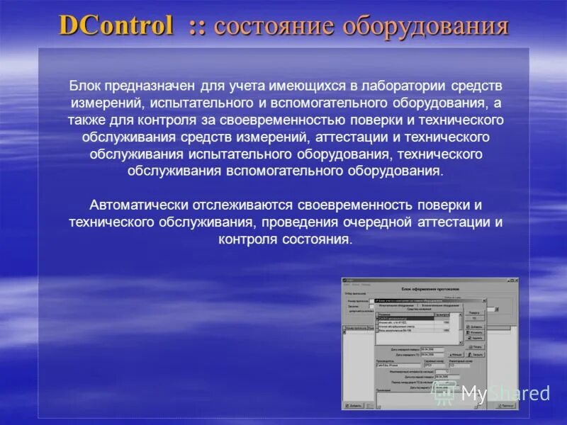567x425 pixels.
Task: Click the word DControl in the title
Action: click(x=116, y=26)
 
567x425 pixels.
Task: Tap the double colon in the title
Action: click(x=196, y=27)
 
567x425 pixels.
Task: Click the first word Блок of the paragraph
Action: click(x=85, y=86)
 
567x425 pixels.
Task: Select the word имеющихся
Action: click(x=307, y=86)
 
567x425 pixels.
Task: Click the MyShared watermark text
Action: click(x=505, y=394)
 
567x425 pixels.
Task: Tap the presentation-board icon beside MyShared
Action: click(x=445, y=393)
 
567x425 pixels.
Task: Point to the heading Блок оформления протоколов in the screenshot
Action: click(x=430, y=289)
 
